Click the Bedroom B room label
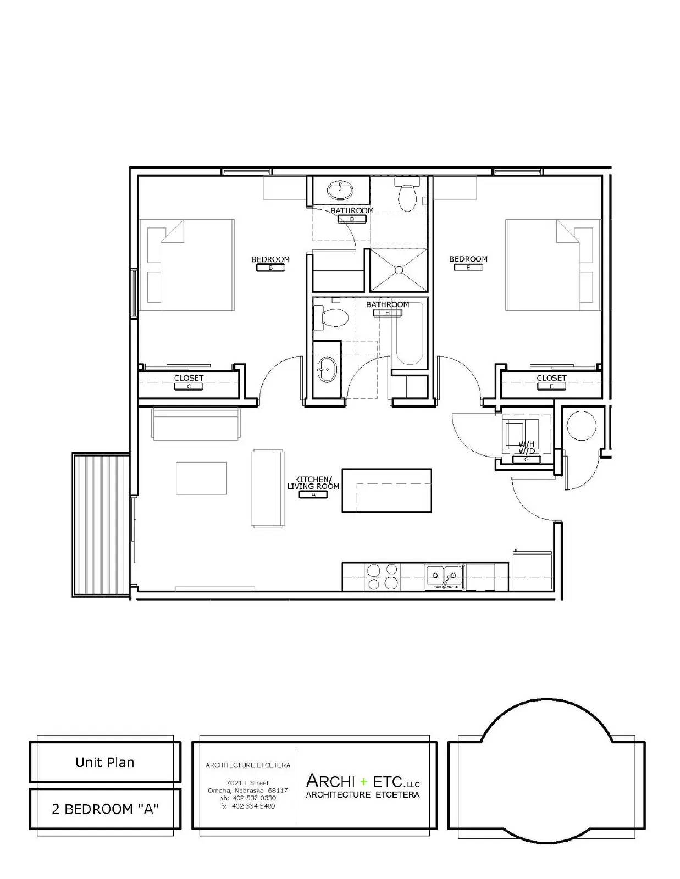pyautogui.click(x=270, y=260)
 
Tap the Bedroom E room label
pyautogui.click(x=468, y=259)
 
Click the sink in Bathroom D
pyautogui.click(x=340, y=191)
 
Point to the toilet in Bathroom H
pyautogui.click(x=333, y=319)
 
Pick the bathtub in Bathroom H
pyautogui.click(x=409, y=335)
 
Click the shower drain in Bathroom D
pyautogui.click(x=398, y=270)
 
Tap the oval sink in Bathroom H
pyautogui.click(x=327, y=369)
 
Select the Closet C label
pyautogui.click(x=189, y=379)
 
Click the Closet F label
pyautogui.click(x=551, y=379)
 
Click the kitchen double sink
pyautogui.click(x=444, y=576)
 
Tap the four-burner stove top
pyautogui.click(x=382, y=576)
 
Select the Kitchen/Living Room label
pyautogui.click(x=313, y=483)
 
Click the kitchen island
pyautogui.click(x=386, y=490)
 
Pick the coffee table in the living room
pyautogui.click(x=201, y=478)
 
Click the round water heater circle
pyautogui.click(x=581, y=425)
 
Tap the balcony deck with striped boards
pyautogui.click(x=101, y=525)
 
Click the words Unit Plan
pyautogui.click(x=104, y=763)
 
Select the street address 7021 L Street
pyautogui.click(x=247, y=783)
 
